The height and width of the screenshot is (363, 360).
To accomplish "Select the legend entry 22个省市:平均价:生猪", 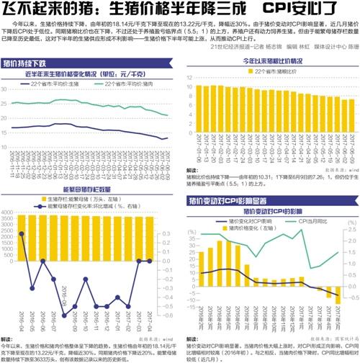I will [54, 85].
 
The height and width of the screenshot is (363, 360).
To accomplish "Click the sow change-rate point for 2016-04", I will [22, 233].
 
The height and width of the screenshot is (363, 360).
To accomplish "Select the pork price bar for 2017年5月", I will [328, 277].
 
